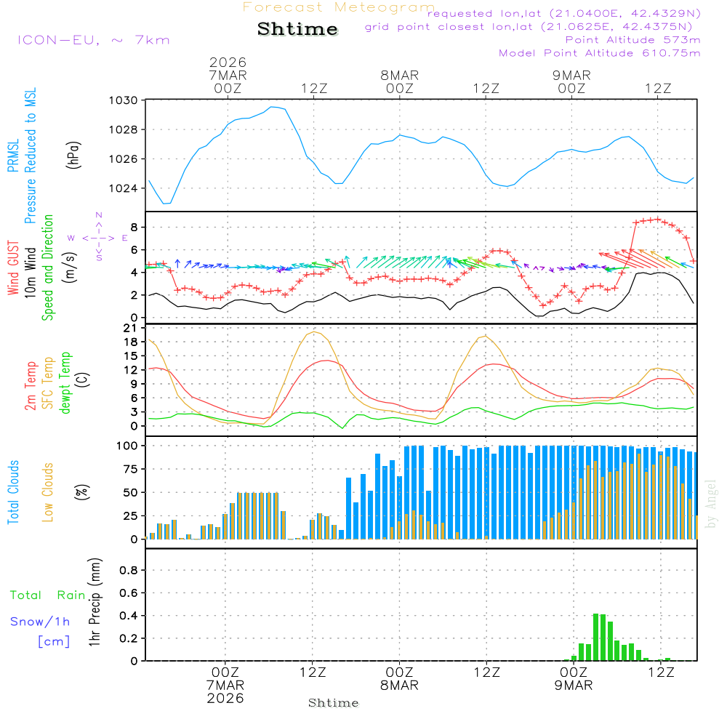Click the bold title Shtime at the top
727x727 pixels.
297,29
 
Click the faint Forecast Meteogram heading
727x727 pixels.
339,7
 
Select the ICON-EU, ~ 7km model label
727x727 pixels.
93,40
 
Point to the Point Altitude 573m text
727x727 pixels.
632,40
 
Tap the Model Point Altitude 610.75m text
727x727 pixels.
600,53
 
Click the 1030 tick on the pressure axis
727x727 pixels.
124,100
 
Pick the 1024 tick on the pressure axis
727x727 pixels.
124,188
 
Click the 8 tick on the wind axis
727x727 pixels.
133,227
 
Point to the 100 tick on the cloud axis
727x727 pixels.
127,445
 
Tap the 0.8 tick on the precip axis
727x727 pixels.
129,571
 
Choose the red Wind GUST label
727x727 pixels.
13,269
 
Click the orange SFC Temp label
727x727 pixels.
49,383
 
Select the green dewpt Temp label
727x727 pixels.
66,383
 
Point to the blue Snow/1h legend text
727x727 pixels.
41,622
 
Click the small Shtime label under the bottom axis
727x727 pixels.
334,703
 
